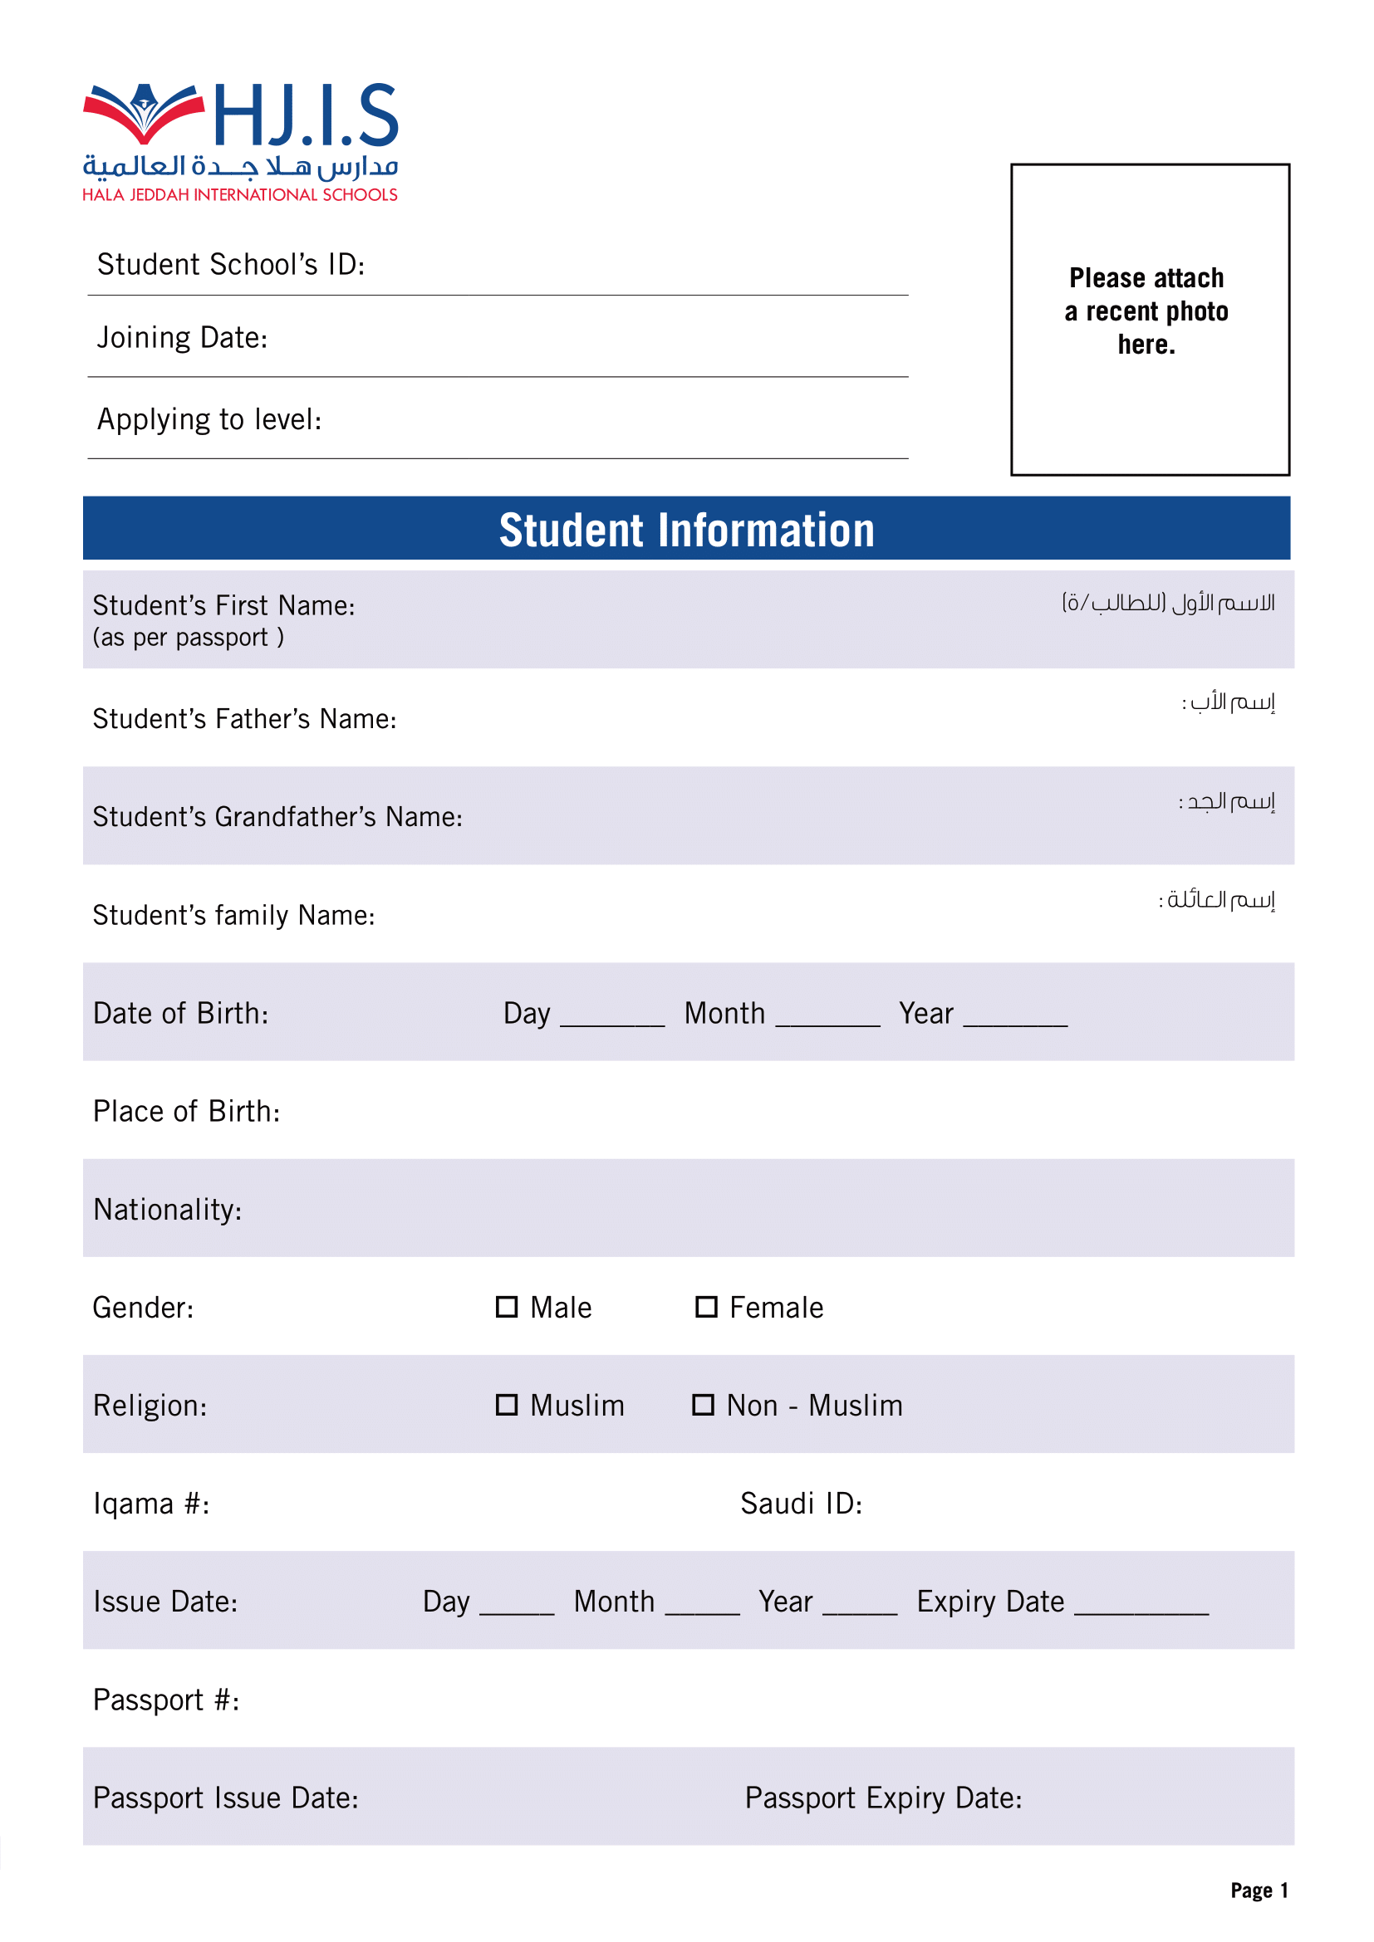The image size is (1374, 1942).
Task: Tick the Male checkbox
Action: point(506,1307)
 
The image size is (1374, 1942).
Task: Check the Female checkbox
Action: point(705,1307)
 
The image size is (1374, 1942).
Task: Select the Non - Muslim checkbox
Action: point(703,1405)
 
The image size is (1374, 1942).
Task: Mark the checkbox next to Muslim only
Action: point(506,1405)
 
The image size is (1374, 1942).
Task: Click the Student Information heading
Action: point(686,531)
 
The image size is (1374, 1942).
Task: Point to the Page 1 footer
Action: point(1258,1891)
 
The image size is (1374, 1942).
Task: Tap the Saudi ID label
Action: point(800,1504)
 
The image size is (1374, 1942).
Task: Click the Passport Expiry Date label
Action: point(882,1798)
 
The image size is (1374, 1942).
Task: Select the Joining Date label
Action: point(182,338)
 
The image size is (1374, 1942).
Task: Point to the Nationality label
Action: point(168,1210)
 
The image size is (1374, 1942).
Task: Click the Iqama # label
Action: point(151,1504)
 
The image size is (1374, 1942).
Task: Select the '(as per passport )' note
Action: point(188,637)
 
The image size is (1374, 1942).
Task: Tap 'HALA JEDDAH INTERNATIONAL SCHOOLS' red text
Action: point(239,195)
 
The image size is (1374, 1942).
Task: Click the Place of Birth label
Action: point(186,1112)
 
